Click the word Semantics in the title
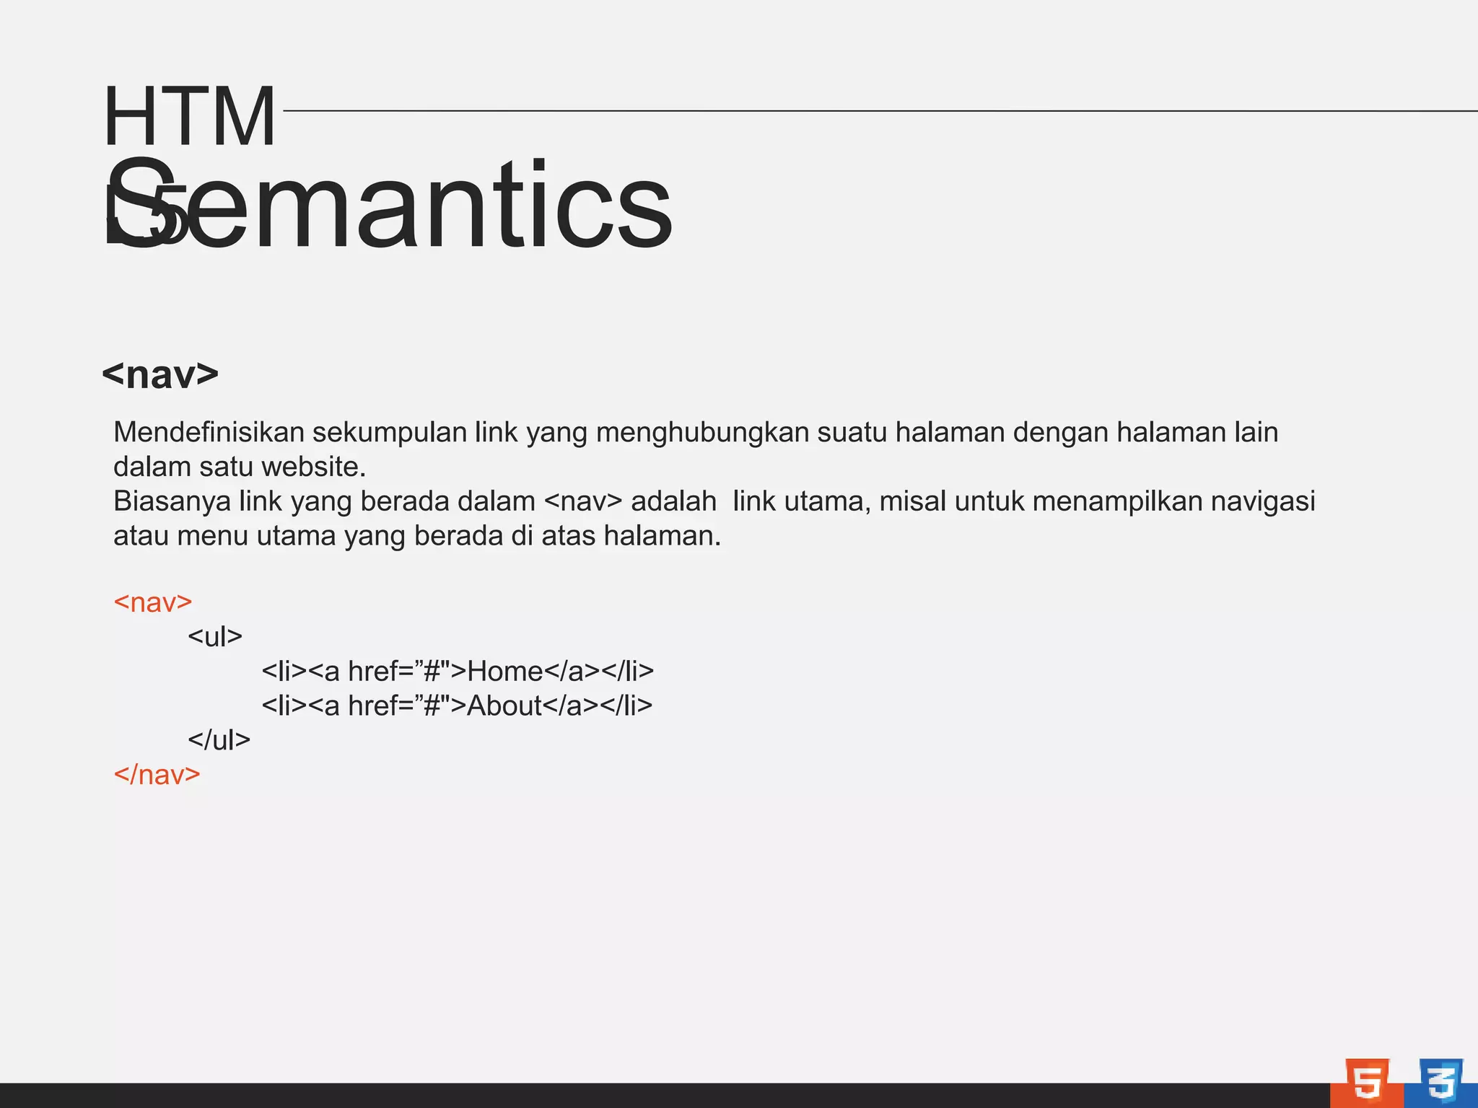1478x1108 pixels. point(390,206)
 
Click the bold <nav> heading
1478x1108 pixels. point(160,374)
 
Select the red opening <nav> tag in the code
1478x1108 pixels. point(153,602)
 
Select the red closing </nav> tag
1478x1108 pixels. point(157,775)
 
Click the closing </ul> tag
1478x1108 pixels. point(219,740)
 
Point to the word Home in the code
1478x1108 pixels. point(504,672)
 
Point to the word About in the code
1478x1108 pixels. point(504,705)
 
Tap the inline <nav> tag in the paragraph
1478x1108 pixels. point(582,501)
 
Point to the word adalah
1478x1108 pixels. point(673,501)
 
